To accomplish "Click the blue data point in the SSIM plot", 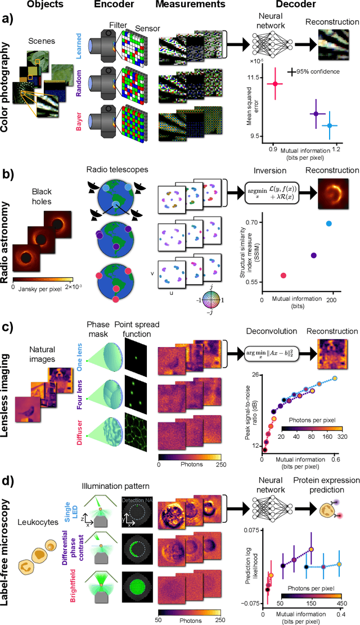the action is (329, 224).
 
